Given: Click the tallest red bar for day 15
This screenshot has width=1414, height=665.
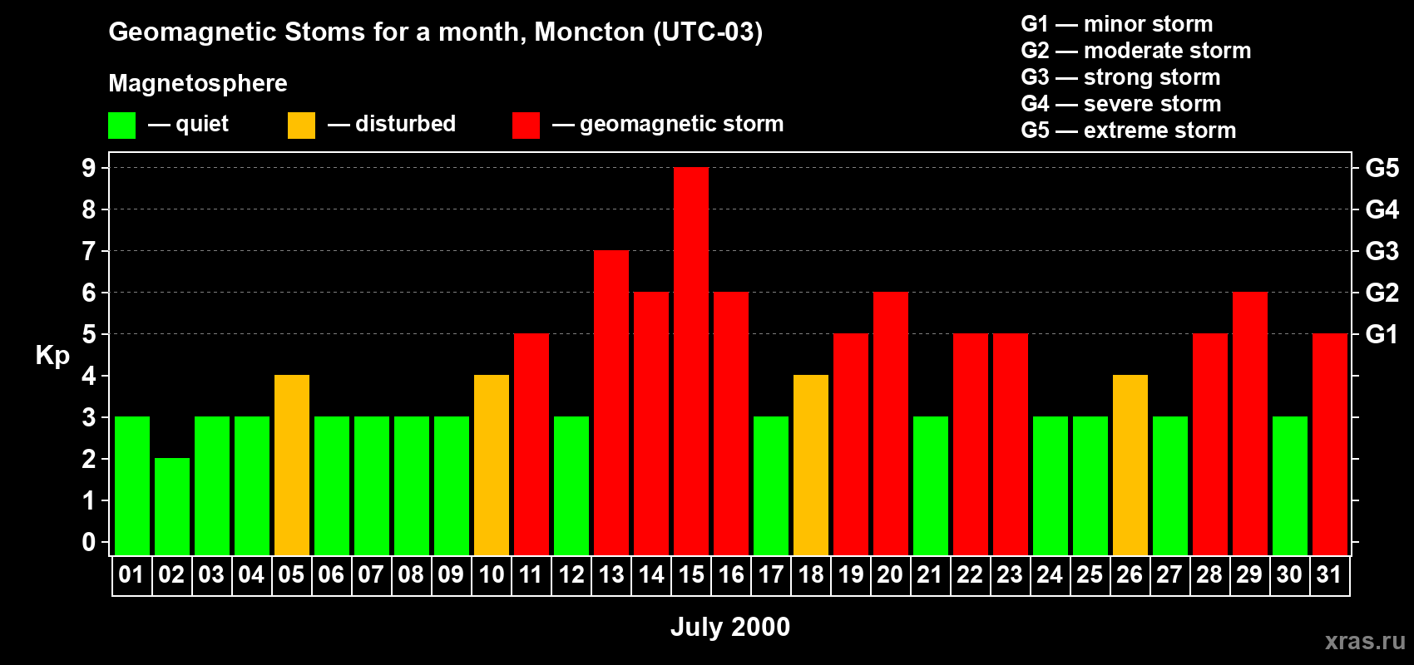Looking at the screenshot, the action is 691,361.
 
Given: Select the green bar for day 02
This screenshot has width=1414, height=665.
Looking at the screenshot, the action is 171,506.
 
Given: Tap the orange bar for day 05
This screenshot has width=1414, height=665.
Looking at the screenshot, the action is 292,465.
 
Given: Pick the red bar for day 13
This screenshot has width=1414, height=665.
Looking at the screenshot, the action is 611,402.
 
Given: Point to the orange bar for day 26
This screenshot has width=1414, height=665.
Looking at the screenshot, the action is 1130,465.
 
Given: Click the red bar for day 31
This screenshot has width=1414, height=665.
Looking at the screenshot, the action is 1330,444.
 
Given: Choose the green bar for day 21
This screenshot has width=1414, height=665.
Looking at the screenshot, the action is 931,485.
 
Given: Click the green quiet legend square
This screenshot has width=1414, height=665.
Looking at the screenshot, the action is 121,125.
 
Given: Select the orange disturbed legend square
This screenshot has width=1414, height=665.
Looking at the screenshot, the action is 301,125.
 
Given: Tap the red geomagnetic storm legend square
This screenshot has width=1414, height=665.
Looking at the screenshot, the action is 526,125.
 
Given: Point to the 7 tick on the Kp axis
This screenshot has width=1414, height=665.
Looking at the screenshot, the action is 88,251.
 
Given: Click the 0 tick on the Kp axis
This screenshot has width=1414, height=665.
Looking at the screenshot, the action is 88,542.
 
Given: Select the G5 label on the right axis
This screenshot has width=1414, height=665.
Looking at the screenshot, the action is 1382,168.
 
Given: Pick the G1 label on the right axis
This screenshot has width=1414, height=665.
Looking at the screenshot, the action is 1382,334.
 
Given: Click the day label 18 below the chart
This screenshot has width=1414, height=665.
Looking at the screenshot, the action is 811,574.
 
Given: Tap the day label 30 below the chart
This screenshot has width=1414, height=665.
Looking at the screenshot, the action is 1289,574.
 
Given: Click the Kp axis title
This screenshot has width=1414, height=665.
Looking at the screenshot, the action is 52,356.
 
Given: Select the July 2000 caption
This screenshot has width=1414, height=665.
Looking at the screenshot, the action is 730,627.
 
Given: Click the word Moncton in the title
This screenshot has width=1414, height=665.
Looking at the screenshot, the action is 590,32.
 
